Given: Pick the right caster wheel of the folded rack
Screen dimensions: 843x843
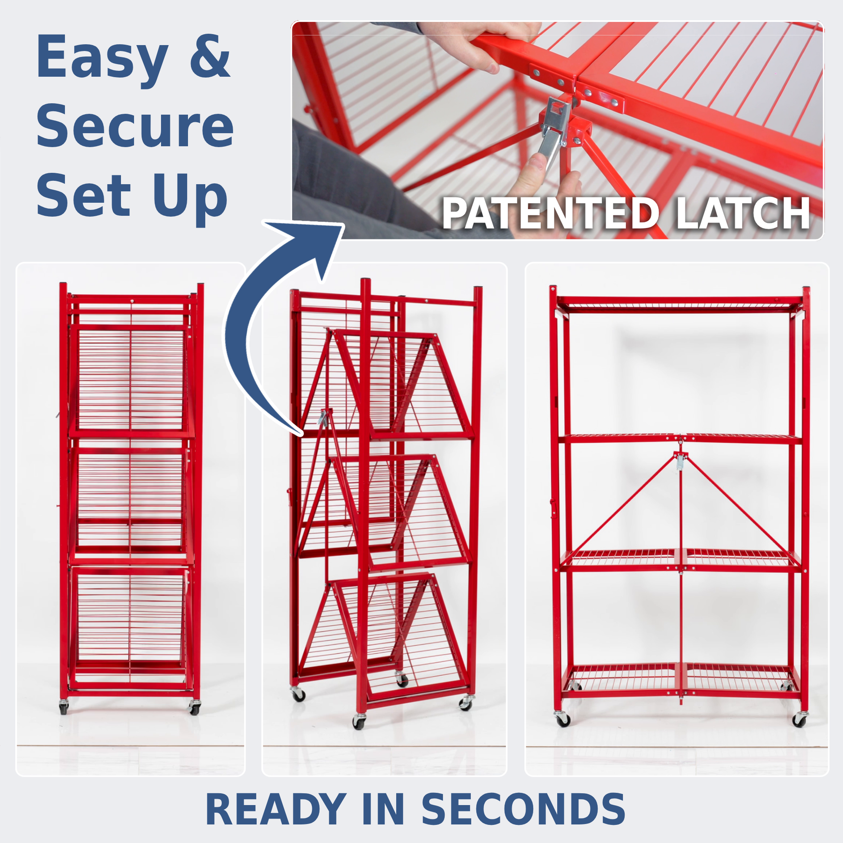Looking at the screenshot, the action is pos(194,708).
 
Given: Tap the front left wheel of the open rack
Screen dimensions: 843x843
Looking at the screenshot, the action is pos(562,719).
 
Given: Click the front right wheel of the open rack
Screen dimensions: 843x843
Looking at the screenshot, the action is pos(799,719).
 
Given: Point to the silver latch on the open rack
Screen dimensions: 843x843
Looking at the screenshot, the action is pos(679,462).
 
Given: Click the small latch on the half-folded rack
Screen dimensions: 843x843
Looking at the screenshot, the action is pos(324,417).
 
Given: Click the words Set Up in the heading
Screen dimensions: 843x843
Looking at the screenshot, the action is pos(132,197).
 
